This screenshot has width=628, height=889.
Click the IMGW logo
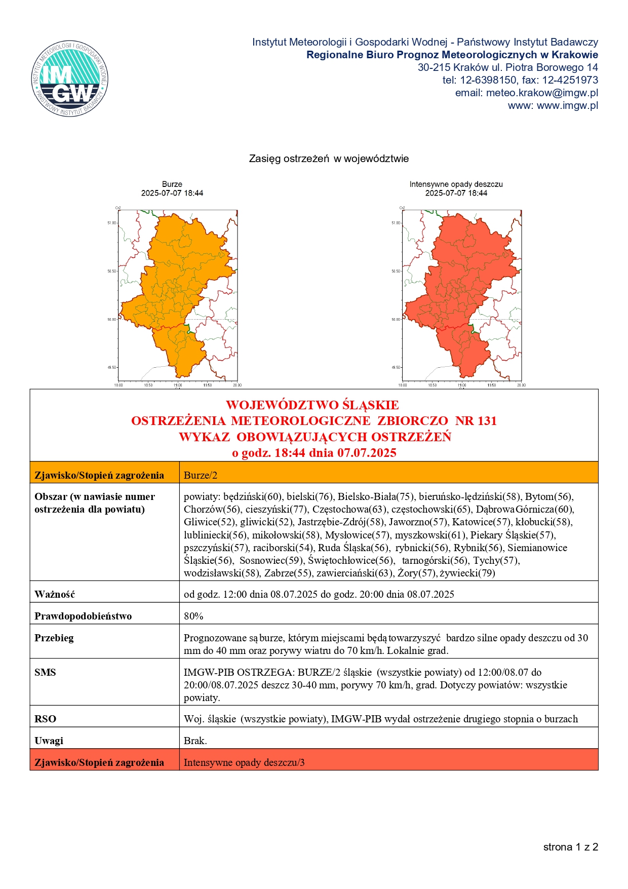70,79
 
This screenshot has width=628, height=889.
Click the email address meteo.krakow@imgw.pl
542,93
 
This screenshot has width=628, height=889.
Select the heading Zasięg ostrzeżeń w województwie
329,159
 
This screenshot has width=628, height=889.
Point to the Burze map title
172,184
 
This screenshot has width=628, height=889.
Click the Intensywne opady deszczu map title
456,184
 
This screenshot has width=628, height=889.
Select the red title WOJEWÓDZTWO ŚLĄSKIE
312,405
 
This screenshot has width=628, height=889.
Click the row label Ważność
55,594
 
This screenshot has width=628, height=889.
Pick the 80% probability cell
193,616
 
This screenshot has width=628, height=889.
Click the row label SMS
45,672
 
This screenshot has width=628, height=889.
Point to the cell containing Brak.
195,741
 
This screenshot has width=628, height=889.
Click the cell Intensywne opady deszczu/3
244,762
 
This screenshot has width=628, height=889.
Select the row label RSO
46,719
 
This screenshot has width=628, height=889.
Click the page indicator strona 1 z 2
571,847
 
